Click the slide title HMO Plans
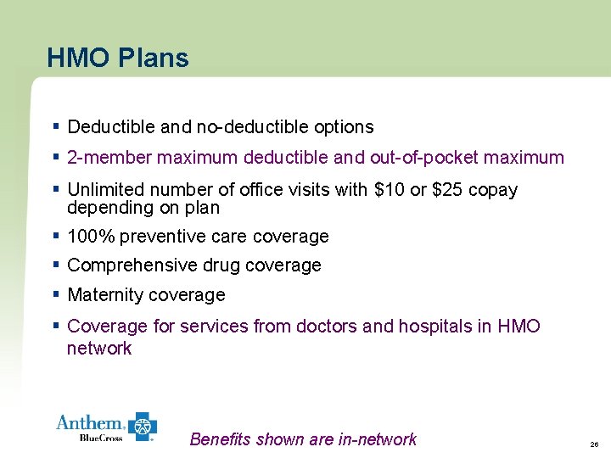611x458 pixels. pos(118,58)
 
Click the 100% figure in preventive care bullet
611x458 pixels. pos(88,236)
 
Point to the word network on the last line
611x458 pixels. pos(99,348)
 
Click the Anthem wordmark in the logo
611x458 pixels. pos(90,422)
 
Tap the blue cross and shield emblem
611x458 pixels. pos(143,427)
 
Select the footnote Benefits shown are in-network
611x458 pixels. pos(303,439)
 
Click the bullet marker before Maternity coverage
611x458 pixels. pos(55,294)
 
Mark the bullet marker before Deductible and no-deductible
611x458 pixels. pos(55,126)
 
